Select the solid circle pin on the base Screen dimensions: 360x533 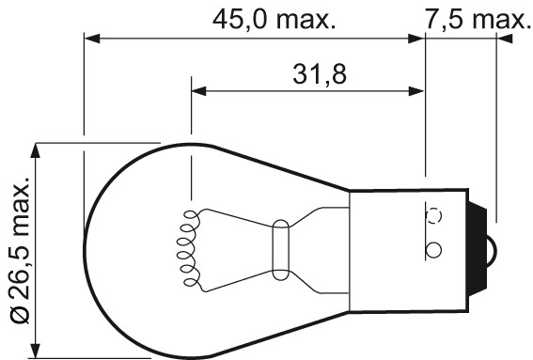pyautogui.click(x=433, y=251)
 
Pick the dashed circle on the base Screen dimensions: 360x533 pyautogui.click(x=434, y=214)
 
